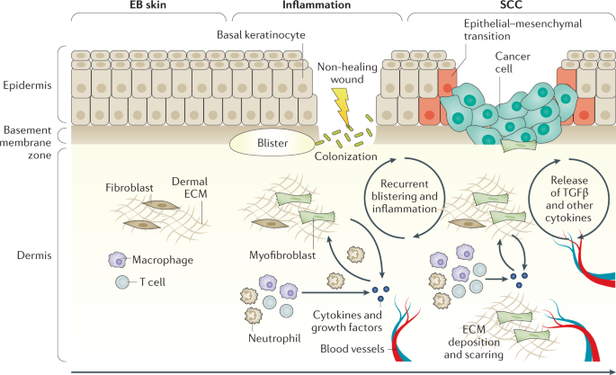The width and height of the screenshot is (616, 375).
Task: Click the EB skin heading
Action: pyautogui.click(x=147, y=4)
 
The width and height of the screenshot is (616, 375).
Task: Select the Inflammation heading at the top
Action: pyautogui.click(x=317, y=4)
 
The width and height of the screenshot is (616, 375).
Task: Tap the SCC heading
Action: pyautogui.click(x=511, y=4)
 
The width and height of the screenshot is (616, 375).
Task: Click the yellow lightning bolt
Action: pyautogui.click(x=341, y=107)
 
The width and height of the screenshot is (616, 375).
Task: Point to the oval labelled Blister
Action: pyautogui.click(x=272, y=143)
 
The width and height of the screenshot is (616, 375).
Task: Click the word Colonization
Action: pyautogui.click(x=345, y=156)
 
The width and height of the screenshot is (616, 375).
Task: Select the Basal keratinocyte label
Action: pyautogui.click(x=261, y=35)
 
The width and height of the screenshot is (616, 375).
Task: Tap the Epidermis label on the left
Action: pyautogui.click(x=27, y=85)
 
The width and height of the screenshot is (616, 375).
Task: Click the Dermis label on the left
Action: pyautogui.click(x=34, y=255)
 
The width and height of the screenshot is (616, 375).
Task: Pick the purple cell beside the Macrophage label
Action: pyautogui.click(x=117, y=260)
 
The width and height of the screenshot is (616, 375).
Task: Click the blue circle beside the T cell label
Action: pyautogui.click(x=122, y=282)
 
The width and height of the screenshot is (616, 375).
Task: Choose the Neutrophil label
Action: pyautogui.click(x=274, y=338)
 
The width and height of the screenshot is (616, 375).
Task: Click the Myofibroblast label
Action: pyautogui.click(x=282, y=255)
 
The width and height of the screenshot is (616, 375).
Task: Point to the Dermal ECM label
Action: pyautogui.click(x=190, y=188)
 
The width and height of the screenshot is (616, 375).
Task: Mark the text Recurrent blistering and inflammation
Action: pyautogui.click(x=405, y=196)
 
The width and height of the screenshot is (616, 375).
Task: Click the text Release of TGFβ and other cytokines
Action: pyautogui.click(x=569, y=199)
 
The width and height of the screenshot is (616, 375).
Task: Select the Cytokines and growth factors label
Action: pyautogui.click(x=347, y=321)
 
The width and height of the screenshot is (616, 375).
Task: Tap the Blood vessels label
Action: pyautogui.click(x=352, y=349)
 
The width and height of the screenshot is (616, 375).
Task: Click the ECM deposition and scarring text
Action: pyautogui.click(x=474, y=342)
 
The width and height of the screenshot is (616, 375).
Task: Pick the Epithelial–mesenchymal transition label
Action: pyautogui.click(x=522, y=30)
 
